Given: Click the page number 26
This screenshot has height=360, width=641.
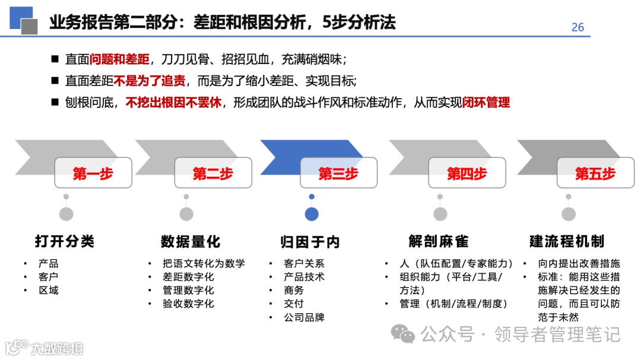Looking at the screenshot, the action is [x=577, y=27].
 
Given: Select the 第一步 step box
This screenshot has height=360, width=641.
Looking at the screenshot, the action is [x=93, y=173].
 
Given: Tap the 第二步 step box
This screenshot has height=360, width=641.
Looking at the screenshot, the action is [x=213, y=173].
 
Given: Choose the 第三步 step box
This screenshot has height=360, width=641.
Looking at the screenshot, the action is [x=338, y=173].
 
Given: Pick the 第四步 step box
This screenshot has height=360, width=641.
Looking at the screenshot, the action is [x=467, y=173].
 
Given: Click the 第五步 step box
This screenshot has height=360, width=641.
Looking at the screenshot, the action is [x=595, y=173].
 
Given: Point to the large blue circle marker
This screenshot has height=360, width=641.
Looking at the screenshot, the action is [x=312, y=214].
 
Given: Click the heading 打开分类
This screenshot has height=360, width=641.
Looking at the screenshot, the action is [x=65, y=241].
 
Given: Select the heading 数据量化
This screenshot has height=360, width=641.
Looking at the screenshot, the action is [x=191, y=241].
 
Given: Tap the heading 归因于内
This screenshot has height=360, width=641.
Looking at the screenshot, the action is [x=310, y=242].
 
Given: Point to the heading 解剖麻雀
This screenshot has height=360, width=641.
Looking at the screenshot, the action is [x=439, y=241].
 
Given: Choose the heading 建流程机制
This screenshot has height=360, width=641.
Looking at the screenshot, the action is [x=567, y=241].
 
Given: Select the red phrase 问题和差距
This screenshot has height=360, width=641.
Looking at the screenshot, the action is [x=120, y=60].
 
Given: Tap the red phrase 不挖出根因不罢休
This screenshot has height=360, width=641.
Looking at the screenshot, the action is [x=174, y=103].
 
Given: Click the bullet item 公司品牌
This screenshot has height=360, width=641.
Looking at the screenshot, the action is [x=304, y=317].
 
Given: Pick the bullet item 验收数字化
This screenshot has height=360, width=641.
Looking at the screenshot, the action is [x=188, y=304].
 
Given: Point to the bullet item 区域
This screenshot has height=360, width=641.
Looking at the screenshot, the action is [x=49, y=291].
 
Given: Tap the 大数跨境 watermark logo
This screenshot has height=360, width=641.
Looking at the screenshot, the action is [x=44, y=348].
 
